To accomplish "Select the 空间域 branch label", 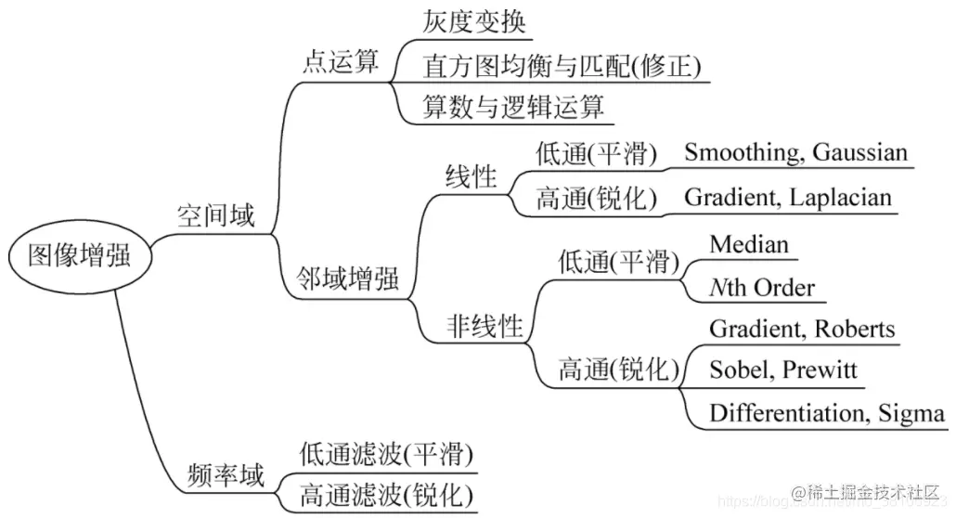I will pyautogui.click(x=215, y=216).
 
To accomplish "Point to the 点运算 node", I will pyautogui.click(x=341, y=63).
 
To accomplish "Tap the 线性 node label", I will pyautogui.click(x=471, y=176).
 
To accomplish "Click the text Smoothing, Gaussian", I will pyautogui.click(x=795, y=152).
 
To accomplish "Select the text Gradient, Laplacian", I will pyautogui.click(x=787, y=197).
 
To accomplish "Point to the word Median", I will pyautogui.click(x=749, y=244).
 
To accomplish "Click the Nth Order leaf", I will pyautogui.click(x=761, y=288).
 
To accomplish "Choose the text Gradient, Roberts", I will pyautogui.click(x=802, y=329).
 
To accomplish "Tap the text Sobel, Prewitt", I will pyautogui.click(x=783, y=370).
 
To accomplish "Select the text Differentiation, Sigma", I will pyautogui.click(x=827, y=413).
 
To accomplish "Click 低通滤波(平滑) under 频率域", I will pyautogui.click(x=386, y=455).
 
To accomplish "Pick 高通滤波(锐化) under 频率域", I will pyautogui.click(x=386, y=496).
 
